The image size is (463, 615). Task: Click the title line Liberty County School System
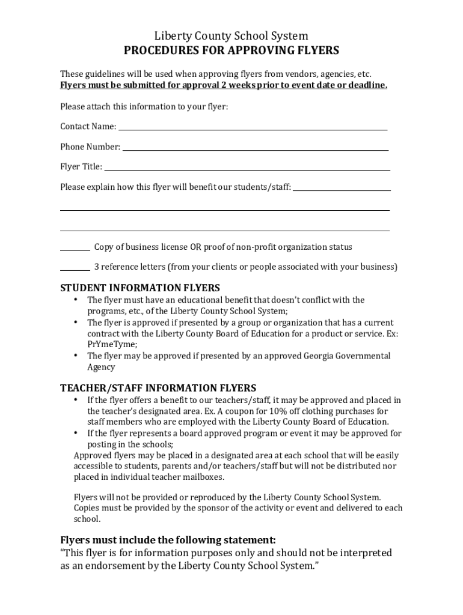pos(231,36)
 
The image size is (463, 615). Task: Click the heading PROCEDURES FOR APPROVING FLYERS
pos(231,50)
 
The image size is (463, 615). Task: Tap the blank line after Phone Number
pos(255,148)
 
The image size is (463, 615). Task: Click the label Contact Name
pos(88,126)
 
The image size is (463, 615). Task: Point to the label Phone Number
pos(90,147)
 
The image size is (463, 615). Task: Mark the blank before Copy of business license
pos(75,250)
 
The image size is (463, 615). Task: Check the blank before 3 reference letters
pos(75,270)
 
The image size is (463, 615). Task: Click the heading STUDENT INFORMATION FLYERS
pos(140,288)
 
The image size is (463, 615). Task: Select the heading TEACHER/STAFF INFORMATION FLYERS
pos(158,388)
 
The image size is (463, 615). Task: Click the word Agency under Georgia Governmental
pos(101,367)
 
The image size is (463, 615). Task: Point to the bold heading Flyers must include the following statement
pos(168,539)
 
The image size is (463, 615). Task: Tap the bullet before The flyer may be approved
pos(76,356)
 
